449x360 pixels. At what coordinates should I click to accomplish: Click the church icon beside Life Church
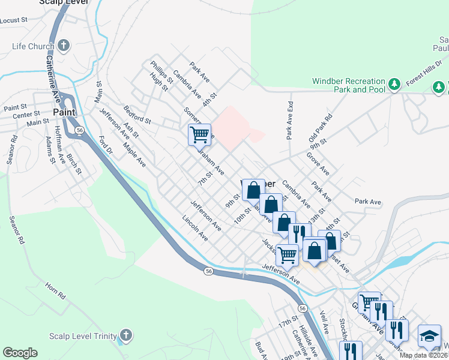[x=64, y=46]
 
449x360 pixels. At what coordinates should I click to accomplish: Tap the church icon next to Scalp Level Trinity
[x=125, y=335]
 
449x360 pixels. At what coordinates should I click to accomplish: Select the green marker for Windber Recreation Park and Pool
[x=394, y=85]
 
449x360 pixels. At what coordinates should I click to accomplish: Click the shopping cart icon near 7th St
[x=199, y=134]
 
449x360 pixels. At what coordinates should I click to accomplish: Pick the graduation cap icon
[x=429, y=336]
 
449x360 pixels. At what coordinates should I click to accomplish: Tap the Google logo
[x=20, y=353]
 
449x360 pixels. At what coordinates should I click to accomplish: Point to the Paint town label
[x=64, y=112]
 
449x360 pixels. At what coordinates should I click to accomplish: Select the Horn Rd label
[x=55, y=290]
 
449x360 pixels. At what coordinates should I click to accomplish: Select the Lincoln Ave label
[x=195, y=229]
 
